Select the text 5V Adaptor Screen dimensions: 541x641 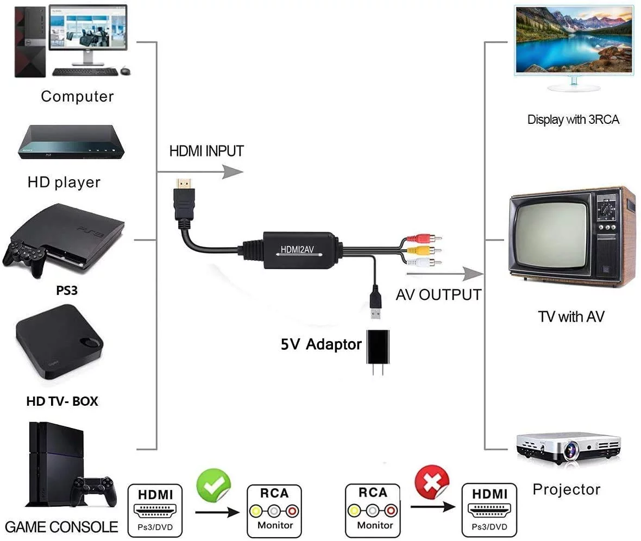coord(320,344)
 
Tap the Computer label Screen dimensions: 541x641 coord(77,97)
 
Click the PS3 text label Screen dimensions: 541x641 coord(67,291)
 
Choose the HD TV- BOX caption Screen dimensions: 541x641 coord(62,402)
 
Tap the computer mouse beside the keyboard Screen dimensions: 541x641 coord(125,71)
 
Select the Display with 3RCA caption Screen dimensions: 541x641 coord(573,119)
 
